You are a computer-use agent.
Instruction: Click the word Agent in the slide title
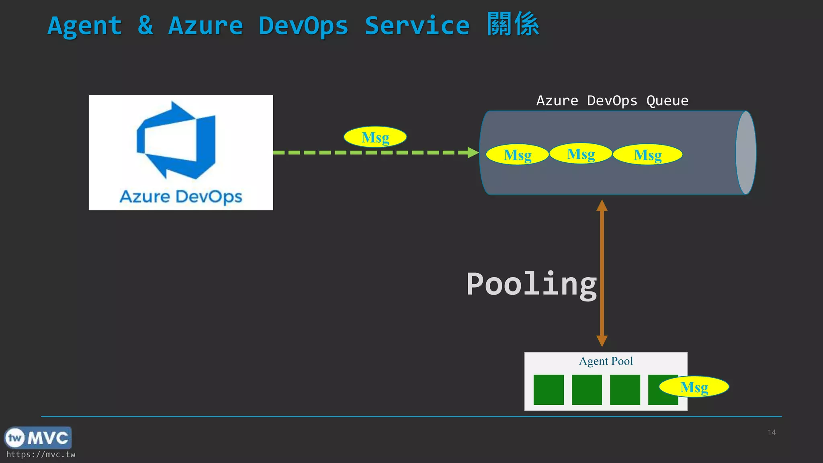pos(84,27)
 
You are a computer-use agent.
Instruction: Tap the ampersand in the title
pos(145,26)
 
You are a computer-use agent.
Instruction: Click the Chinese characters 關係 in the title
pos(513,25)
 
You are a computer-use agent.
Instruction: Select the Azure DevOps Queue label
pos(612,100)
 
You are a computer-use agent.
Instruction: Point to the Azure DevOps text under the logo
pos(181,197)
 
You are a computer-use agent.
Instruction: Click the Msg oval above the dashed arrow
pos(375,137)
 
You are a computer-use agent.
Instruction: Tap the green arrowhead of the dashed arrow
pos(473,152)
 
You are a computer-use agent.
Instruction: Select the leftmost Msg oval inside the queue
pos(517,155)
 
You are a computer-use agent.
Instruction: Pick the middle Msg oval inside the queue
pos(581,154)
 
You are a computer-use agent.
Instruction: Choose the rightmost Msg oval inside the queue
pos(647,155)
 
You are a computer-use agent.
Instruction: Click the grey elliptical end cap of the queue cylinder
pos(746,153)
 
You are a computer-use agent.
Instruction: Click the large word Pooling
pos(531,285)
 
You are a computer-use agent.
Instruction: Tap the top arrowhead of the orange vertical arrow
pos(602,206)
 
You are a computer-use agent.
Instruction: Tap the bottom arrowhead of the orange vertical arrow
pos(602,341)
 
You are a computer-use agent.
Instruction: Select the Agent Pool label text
pos(606,361)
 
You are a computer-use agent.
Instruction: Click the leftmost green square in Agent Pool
pos(549,389)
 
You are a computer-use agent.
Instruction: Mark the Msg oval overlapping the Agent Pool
pos(694,387)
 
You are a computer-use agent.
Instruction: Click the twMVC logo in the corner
pos(38,438)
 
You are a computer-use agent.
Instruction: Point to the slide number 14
pos(772,432)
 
